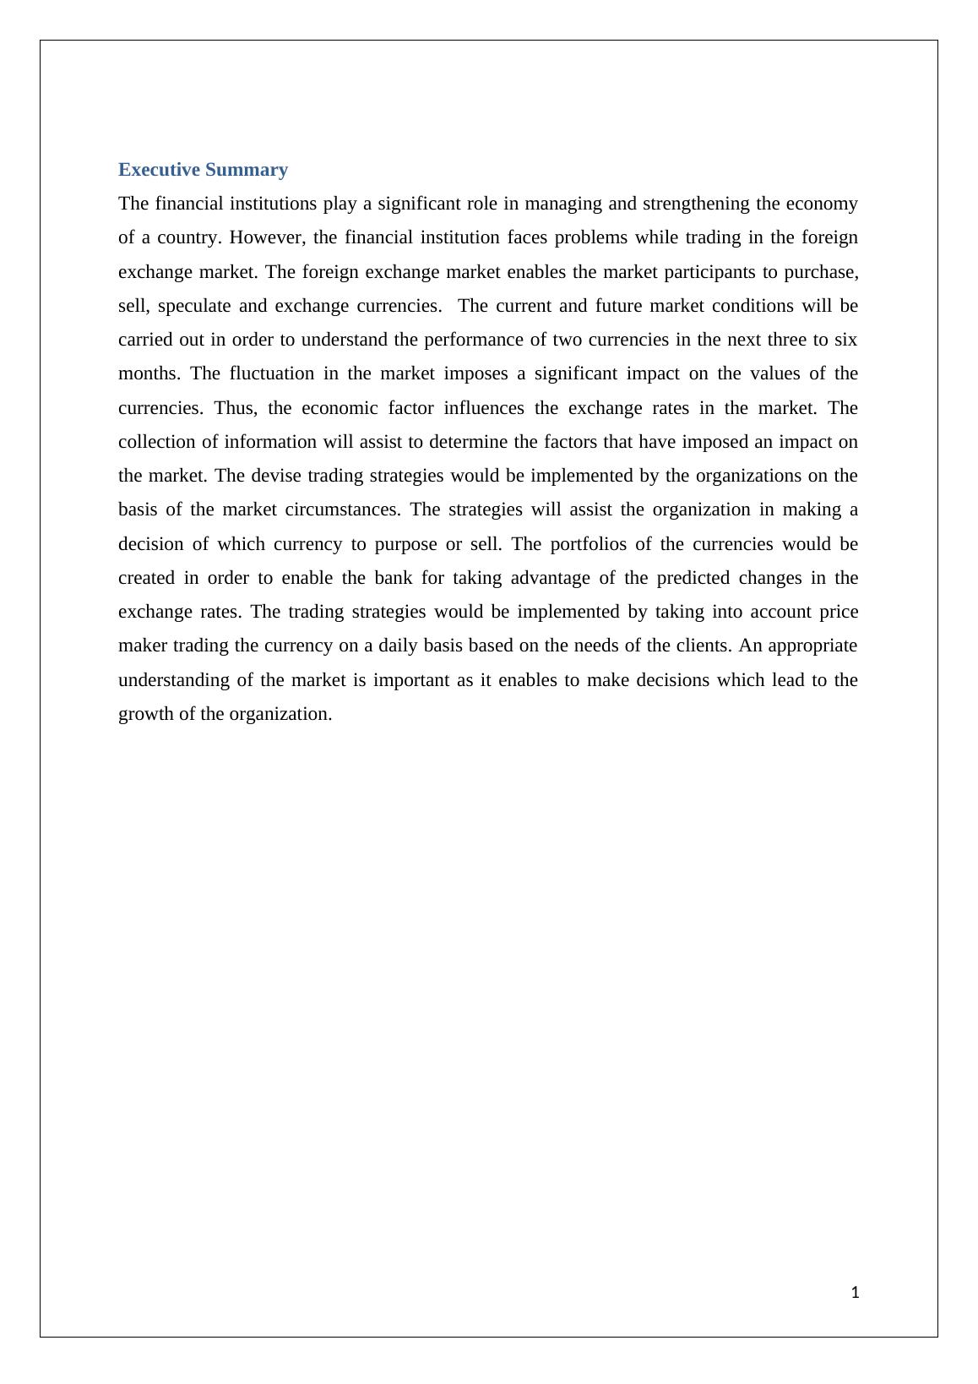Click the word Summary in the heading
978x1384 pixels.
pyautogui.click(x=247, y=170)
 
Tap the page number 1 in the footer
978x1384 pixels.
pyautogui.click(x=856, y=1292)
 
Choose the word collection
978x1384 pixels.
pyautogui.click(x=157, y=442)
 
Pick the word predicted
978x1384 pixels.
pyautogui.click(x=693, y=578)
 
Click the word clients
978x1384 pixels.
pyautogui.click(x=704, y=646)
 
